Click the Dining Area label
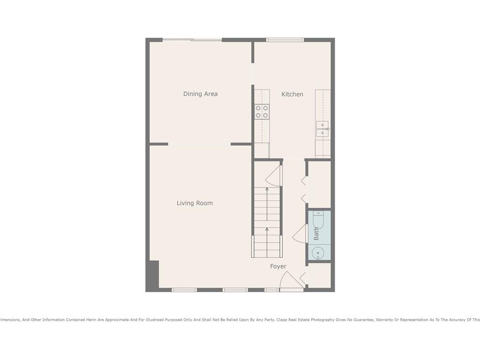click(x=200, y=94)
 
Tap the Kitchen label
click(x=292, y=94)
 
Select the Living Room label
click(x=195, y=203)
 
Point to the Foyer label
click(x=278, y=266)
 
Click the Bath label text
click(x=316, y=233)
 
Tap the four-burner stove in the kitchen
click(x=262, y=112)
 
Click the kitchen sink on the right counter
click(x=322, y=128)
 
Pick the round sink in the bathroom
click(x=319, y=254)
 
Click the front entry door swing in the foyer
click(x=291, y=281)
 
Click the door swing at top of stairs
click(x=273, y=176)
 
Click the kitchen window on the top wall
click(x=285, y=40)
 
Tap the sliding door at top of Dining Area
click(x=192, y=40)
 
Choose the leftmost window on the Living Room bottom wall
click(x=184, y=290)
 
